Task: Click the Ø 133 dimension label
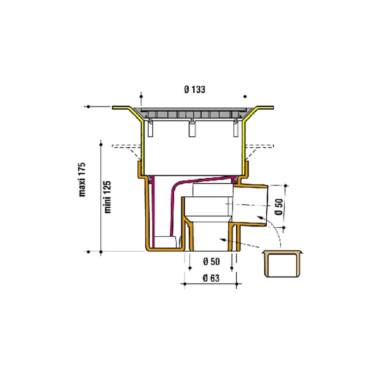[x=195, y=90]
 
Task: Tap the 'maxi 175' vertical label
[x=82, y=180]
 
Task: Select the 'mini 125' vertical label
[x=108, y=197]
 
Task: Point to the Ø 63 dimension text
[x=211, y=278]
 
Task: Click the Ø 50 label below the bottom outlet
[x=211, y=262]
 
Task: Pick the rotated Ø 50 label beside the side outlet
[x=279, y=207]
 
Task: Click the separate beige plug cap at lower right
[x=282, y=264]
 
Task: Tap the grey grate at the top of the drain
[x=193, y=113]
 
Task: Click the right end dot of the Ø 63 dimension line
[x=237, y=284]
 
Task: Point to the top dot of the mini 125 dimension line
[x=101, y=145]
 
